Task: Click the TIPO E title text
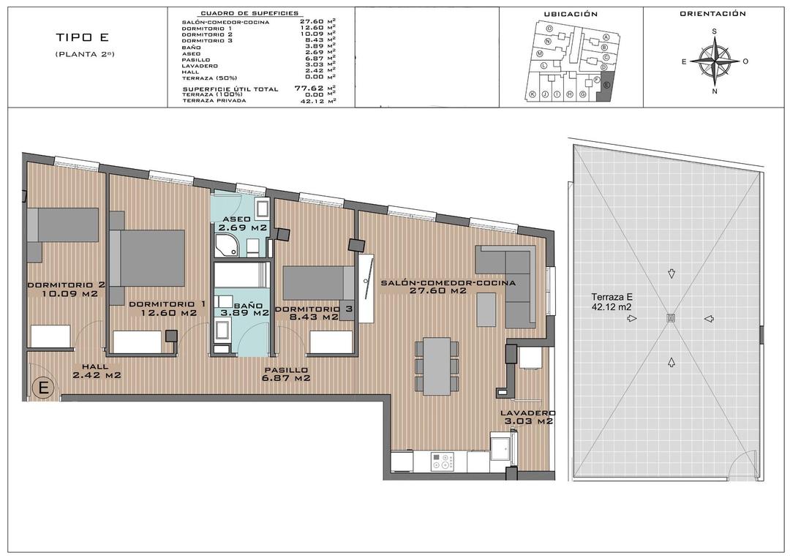81,37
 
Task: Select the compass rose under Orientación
714,62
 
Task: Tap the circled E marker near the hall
43,388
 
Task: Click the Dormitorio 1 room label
163,308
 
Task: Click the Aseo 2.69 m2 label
240,223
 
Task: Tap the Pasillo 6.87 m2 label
287,374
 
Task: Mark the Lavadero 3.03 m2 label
526,417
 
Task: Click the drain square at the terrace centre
671,318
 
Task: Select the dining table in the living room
437,365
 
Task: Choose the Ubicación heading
571,14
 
